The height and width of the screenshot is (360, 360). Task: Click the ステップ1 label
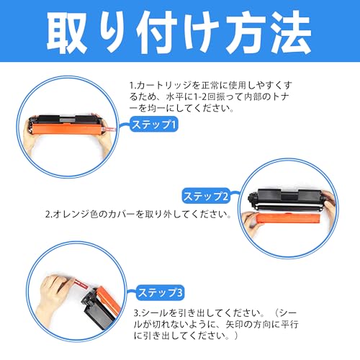pos(153,125)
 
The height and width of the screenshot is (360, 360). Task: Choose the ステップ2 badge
pos(206,195)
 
